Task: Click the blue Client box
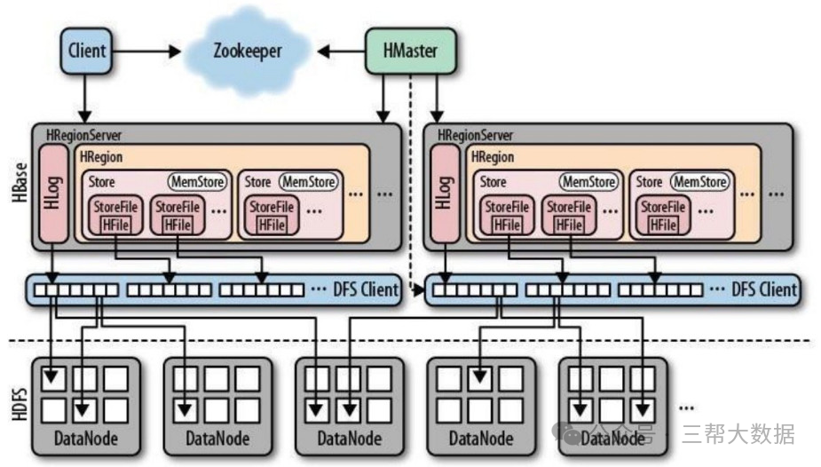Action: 87,51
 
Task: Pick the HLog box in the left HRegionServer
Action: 54,194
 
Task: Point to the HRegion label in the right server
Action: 493,157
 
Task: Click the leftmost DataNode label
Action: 85,438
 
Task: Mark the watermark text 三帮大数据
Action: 738,434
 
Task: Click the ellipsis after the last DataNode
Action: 685,407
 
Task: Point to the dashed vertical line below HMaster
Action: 412,178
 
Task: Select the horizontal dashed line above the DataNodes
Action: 408,340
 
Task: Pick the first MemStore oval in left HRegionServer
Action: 198,182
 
